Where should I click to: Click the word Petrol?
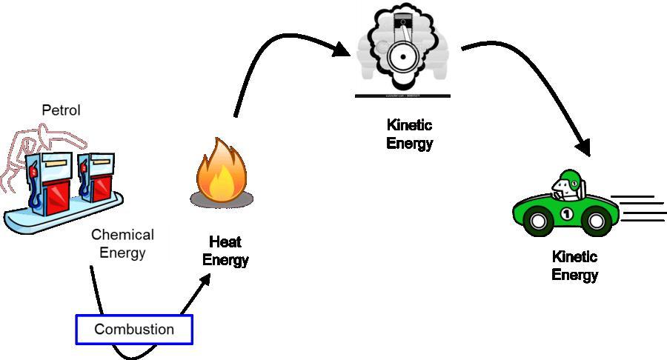point(61,111)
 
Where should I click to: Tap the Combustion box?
point(134,329)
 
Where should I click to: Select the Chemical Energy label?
point(122,244)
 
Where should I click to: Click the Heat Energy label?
point(225,251)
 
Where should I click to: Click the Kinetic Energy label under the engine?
point(409,134)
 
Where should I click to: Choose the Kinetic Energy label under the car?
point(574,266)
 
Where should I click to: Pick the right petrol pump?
point(95,178)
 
